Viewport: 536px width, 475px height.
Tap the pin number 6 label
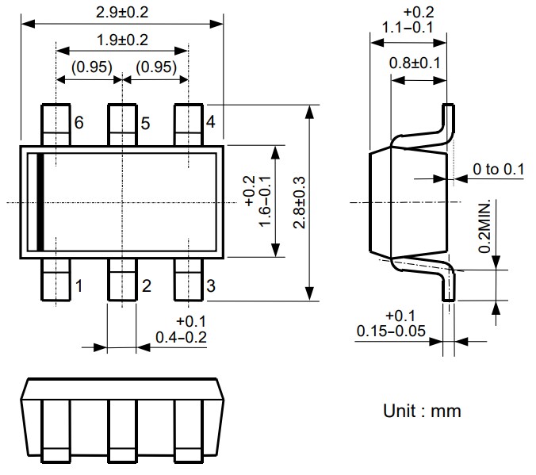tap(78, 124)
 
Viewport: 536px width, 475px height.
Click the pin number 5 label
tap(145, 124)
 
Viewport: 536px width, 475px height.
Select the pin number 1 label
tap(78, 285)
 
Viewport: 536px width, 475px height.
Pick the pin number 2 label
tap(146, 285)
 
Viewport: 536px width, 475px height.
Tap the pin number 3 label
tap(210, 285)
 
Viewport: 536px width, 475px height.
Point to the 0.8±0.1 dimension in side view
tap(415, 63)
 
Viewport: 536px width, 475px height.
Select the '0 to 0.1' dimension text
tap(499, 169)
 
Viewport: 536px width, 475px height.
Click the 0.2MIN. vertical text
tap(484, 226)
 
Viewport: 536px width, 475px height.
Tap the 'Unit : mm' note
tap(422, 412)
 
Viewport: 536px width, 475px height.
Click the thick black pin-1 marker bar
tap(39, 202)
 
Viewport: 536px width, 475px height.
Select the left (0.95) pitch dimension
tap(90, 67)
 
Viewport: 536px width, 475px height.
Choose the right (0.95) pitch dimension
tap(155, 67)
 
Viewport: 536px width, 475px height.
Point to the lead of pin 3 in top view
tap(187, 282)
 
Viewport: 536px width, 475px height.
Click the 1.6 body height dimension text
tap(259, 202)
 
